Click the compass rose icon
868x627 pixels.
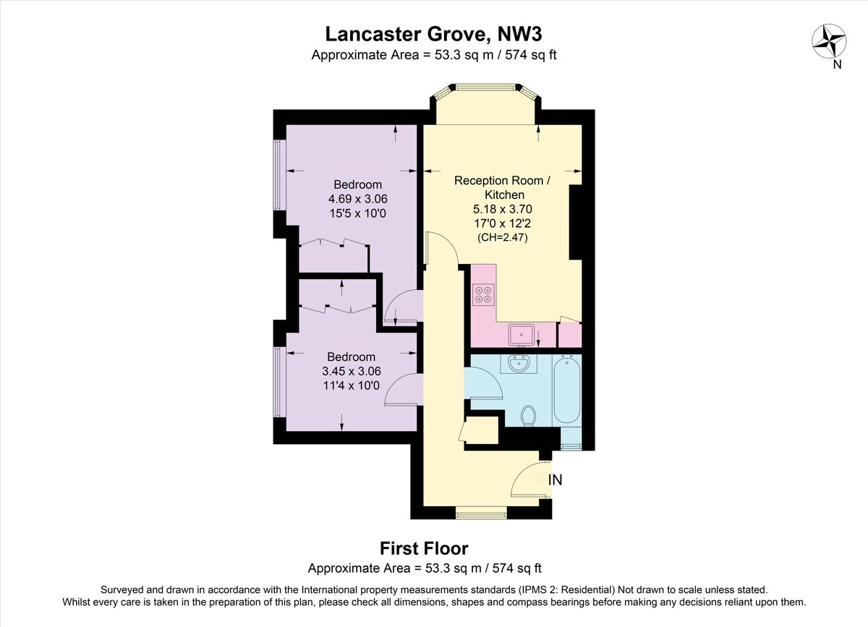click(x=830, y=40)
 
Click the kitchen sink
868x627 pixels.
click(x=521, y=336)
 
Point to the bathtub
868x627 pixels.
click(x=567, y=391)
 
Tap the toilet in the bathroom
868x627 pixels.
click(x=529, y=415)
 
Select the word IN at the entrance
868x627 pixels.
click(x=556, y=479)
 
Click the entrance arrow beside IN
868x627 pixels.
click(x=539, y=479)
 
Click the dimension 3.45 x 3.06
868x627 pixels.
click(x=352, y=371)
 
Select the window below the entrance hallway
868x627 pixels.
click(x=482, y=514)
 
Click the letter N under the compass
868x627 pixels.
click(x=837, y=64)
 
